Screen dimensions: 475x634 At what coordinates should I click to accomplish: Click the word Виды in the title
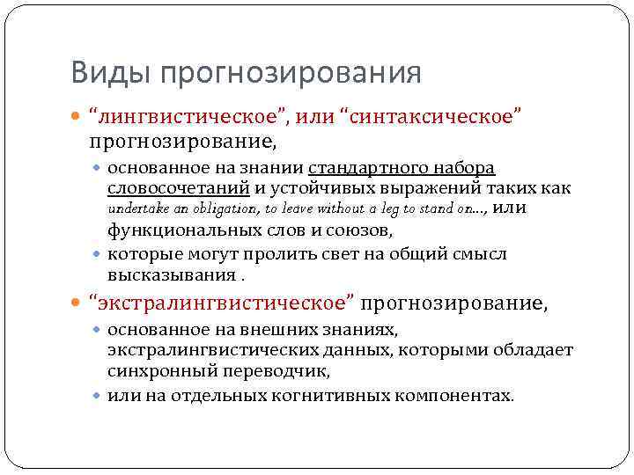tap(101, 72)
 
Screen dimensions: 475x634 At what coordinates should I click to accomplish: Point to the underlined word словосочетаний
tap(179, 187)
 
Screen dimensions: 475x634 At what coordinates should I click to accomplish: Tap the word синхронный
tap(153, 371)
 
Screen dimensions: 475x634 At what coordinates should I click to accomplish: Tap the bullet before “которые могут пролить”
tap(98, 254)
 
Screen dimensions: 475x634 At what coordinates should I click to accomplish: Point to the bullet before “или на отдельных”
tap(98, 395)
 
